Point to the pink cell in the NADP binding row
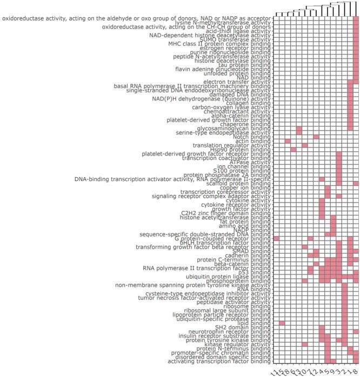[333, 229]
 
